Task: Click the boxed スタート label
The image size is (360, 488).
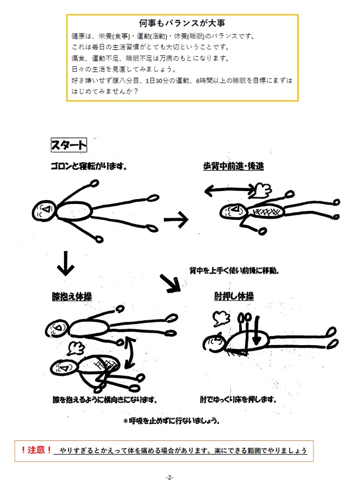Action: pyautogui.click(x=69, y=145)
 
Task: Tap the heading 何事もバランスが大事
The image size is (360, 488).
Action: pyautogui.click(x=182, y=23)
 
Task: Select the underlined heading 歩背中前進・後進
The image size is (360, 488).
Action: pyautogui.click(x=233, y=167)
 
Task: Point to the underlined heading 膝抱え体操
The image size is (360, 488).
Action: pyautogui.click(x=72, y=296)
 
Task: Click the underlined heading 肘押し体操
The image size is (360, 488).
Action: pyautogui.click(x=234, y=296)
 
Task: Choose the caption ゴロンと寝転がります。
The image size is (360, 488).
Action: pyautogui.click(x=89, y=166)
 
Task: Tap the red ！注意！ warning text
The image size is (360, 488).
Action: pyautogui.click(x=36, y=450)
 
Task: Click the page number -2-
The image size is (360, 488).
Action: pyautogui.click(x=170, y=477)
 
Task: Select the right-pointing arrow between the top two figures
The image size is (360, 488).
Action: pyautogui.click(x=176, y=219)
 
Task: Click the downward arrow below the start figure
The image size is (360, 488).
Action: pyautogui.click(x=65, y=264)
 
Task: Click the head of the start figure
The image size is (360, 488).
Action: pyautogui.click(x=44, y=211)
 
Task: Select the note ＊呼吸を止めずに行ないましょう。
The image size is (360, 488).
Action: pyautogui.click(x=172, y=421)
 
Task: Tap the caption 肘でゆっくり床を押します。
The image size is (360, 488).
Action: pyautogui.click(x=239, y=400)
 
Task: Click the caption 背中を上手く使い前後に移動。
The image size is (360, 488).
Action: pyautogui.click(x=234, y=270)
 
